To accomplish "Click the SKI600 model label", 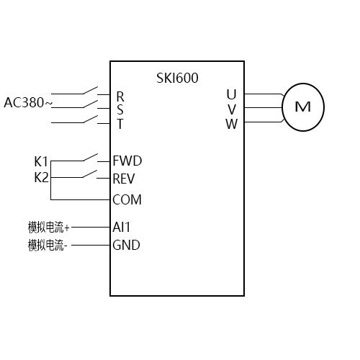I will [177, 78].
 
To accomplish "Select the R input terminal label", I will [120, 96].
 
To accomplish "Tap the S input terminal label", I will [120, 109].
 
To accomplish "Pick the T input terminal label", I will [120, 124].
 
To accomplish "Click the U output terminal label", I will [231, 94].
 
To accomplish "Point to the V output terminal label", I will [231, 109].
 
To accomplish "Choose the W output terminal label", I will [231, 123].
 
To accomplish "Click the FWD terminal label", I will [127, 161].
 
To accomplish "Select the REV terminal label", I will [125, 179].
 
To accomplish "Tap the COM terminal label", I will [127, 199].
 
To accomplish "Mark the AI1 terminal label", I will [121, 226].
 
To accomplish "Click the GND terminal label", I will [126, 245].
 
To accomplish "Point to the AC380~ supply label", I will [28, 102].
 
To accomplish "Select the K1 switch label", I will [41, 161].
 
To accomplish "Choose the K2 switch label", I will [41, 177].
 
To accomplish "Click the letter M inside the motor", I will [303, 107].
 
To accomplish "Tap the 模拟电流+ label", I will [49, 227].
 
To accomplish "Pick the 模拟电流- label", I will [48, 246].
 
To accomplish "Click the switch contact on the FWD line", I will [90, 156].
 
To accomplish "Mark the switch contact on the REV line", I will [90, 174].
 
